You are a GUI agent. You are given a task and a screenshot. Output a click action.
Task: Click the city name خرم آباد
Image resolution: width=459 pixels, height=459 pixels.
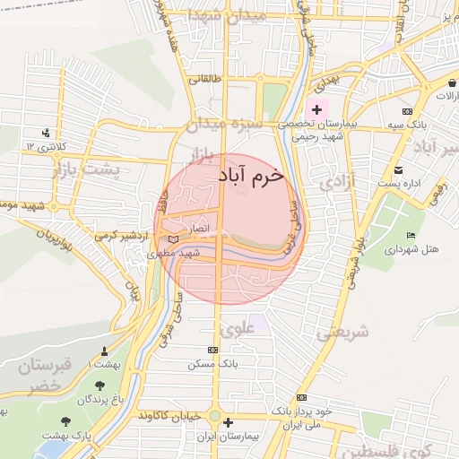pos(251,176)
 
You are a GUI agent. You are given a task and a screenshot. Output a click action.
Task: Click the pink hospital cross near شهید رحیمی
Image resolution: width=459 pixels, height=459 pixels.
pos(316,109)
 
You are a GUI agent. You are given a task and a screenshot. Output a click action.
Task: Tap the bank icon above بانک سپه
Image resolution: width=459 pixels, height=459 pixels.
pos(408,110)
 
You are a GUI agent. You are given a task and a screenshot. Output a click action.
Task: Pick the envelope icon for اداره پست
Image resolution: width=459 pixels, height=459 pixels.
pos(398,169)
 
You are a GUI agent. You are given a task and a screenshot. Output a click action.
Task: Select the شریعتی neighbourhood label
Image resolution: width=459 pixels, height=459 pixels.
pos(341,333)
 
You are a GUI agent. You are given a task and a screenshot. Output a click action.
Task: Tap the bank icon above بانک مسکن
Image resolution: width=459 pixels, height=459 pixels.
pos(212,350)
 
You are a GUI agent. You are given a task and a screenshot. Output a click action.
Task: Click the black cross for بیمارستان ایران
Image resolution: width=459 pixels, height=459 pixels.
pos(228,422)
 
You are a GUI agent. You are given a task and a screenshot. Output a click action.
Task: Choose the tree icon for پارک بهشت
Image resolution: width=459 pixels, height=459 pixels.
pos(65,420)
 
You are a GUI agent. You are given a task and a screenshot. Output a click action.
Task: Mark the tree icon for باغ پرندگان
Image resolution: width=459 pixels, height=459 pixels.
pos(100,386)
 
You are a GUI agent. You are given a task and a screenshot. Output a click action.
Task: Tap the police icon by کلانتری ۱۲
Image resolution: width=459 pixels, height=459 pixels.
pos(46,134)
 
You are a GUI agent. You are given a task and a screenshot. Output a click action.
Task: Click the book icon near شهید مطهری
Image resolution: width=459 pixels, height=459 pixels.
pos(173,238)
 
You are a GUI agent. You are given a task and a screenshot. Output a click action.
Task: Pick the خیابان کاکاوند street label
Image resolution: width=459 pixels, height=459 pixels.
pos(171,417)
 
